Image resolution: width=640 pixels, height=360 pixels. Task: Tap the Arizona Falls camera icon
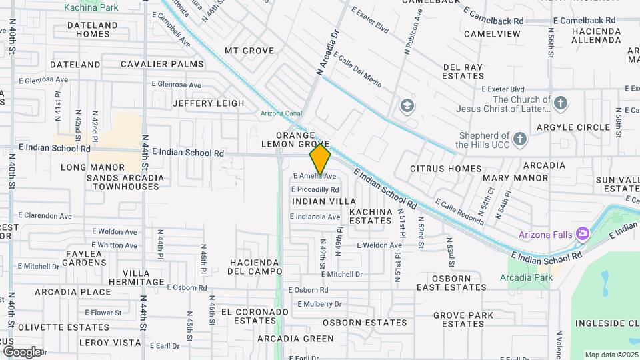[x=583, y=233]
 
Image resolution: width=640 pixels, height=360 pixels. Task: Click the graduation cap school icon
[x=406, y=105]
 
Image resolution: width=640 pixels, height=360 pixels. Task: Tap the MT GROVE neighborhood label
[x=249, y=51]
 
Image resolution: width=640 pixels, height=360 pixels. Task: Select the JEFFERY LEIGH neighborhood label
[x=208, y=103]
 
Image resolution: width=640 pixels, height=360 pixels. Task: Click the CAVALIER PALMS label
[x=162, y=64]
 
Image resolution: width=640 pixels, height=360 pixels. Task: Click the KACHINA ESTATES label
[x=371, y=216]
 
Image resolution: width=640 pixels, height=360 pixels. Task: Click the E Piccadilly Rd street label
[x=315, y=189]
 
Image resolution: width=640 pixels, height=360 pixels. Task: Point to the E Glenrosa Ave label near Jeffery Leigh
[x=176, y=85]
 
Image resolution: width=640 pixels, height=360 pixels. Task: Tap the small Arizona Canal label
[x=281, y=113]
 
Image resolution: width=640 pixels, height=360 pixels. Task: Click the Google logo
[x=21, y=351]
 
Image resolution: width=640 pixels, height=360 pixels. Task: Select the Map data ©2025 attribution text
[x=611, y=355]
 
